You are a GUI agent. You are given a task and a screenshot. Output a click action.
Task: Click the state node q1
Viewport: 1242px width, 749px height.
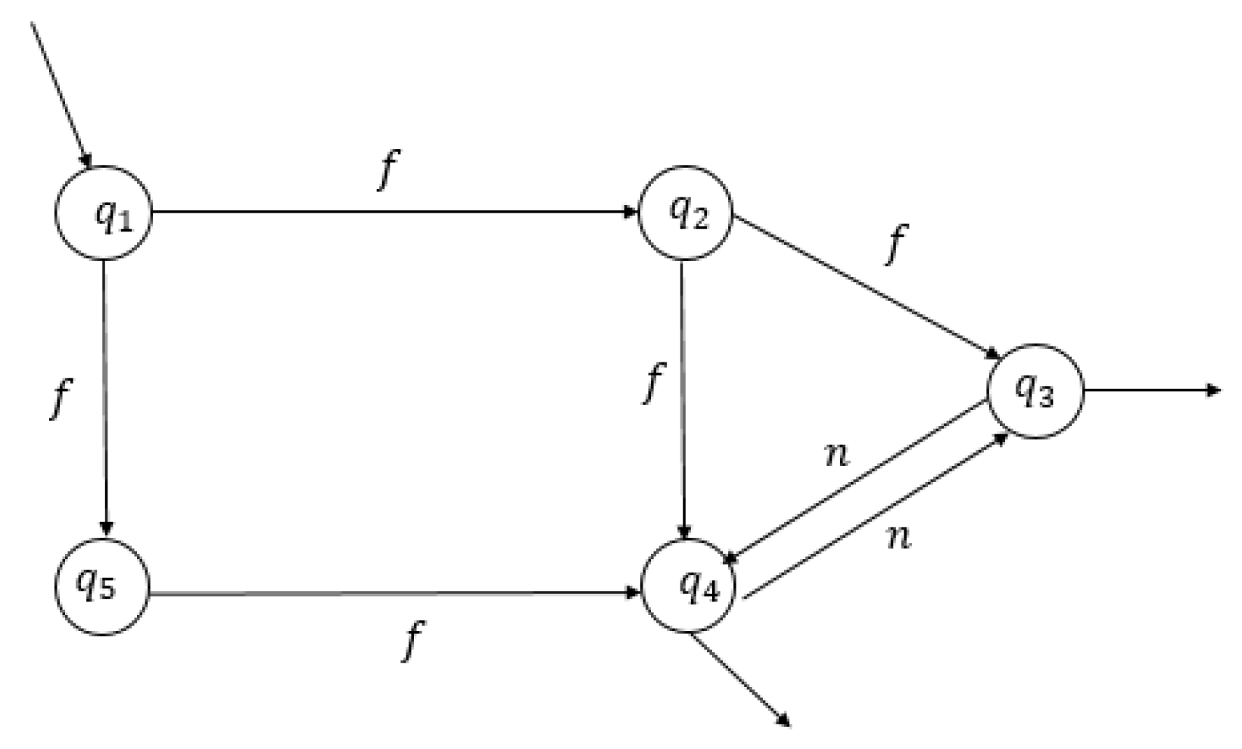click(104, 213)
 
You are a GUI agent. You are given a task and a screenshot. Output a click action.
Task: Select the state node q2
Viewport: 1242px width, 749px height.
click(686, 213)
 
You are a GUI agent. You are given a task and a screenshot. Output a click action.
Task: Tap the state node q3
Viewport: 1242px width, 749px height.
click(1035, 391)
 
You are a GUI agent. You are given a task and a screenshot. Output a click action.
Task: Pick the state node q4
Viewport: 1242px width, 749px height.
click(689, 587)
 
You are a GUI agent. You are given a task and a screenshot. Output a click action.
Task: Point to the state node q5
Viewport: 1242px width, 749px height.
click(102, 587)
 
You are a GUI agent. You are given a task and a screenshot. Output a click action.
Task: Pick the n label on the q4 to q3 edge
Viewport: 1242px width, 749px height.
click(898, 537)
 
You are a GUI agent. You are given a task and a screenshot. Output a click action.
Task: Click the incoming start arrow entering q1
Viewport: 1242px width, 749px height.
click(61, 91)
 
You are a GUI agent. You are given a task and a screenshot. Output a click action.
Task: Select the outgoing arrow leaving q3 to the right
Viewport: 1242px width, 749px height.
click(1150, 390)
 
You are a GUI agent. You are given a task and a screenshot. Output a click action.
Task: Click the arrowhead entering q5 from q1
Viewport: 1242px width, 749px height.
click(107, 528)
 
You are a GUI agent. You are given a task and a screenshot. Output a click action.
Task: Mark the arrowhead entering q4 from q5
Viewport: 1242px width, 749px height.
click(633, 592)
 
